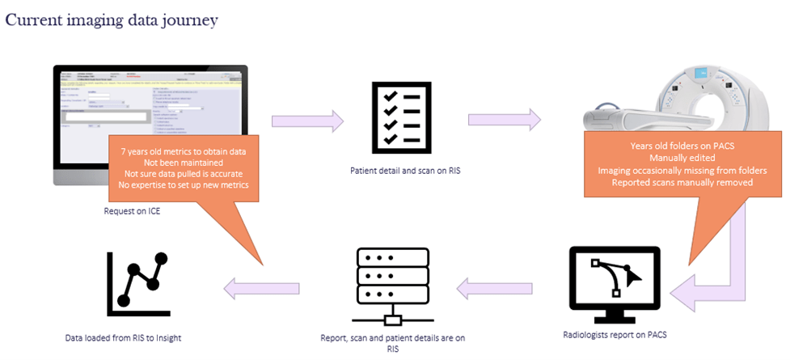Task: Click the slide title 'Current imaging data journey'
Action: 112,20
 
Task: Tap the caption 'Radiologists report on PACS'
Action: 615,332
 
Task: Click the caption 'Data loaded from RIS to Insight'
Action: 123,337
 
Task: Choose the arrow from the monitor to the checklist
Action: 307,121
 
